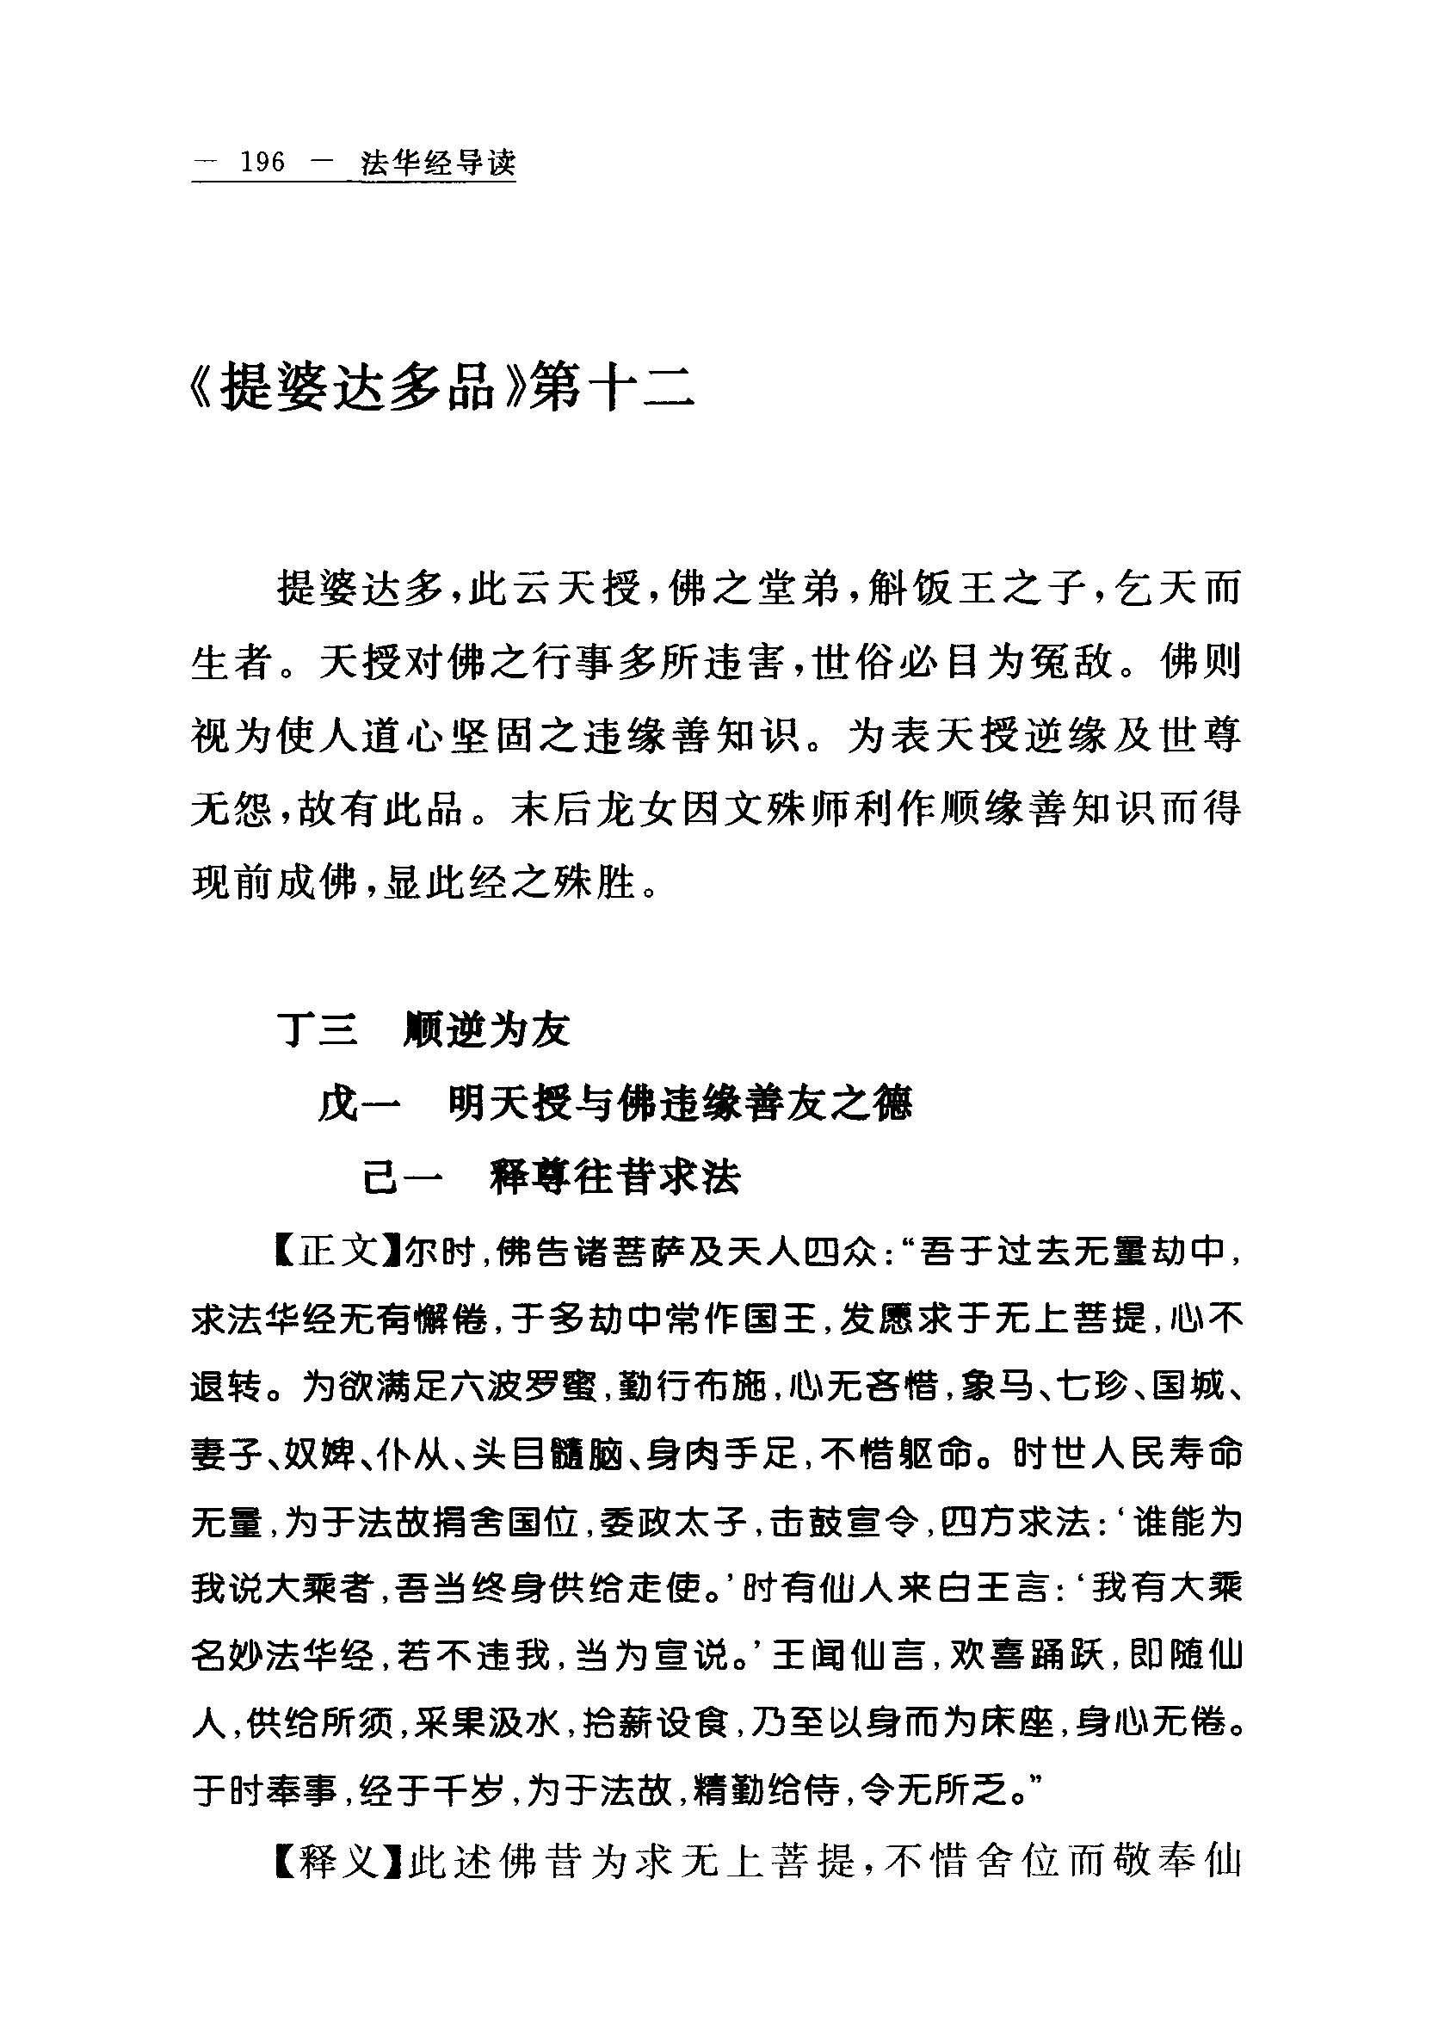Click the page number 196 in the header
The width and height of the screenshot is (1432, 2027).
262,164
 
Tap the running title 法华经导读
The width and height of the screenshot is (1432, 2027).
438,164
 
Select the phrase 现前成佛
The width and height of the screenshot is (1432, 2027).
274,882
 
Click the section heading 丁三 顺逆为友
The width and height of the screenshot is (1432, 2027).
423,1029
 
